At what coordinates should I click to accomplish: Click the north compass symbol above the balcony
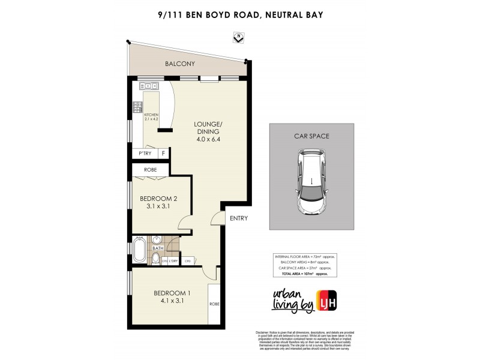(x=238, y=38)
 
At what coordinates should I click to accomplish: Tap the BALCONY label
(x=181, y=63)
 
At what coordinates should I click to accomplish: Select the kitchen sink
(x=149, y=86)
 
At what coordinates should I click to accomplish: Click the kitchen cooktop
(x=138, y=108)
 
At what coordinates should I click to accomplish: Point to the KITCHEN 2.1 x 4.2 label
(x=151, y=116)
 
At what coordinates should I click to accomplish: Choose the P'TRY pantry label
(x=145, y=154)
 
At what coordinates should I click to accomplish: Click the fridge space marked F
(x=163, y=154)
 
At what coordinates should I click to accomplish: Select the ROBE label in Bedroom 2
(x=150, y=170)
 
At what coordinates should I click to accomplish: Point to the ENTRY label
(x=238, y=218)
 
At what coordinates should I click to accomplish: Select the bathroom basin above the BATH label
(x=158, y=239)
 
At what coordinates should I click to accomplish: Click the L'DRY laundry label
(x=173, y=261)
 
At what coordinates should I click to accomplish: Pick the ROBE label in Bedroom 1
(x=214, y=304)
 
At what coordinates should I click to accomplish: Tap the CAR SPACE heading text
(x=311, y=136)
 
